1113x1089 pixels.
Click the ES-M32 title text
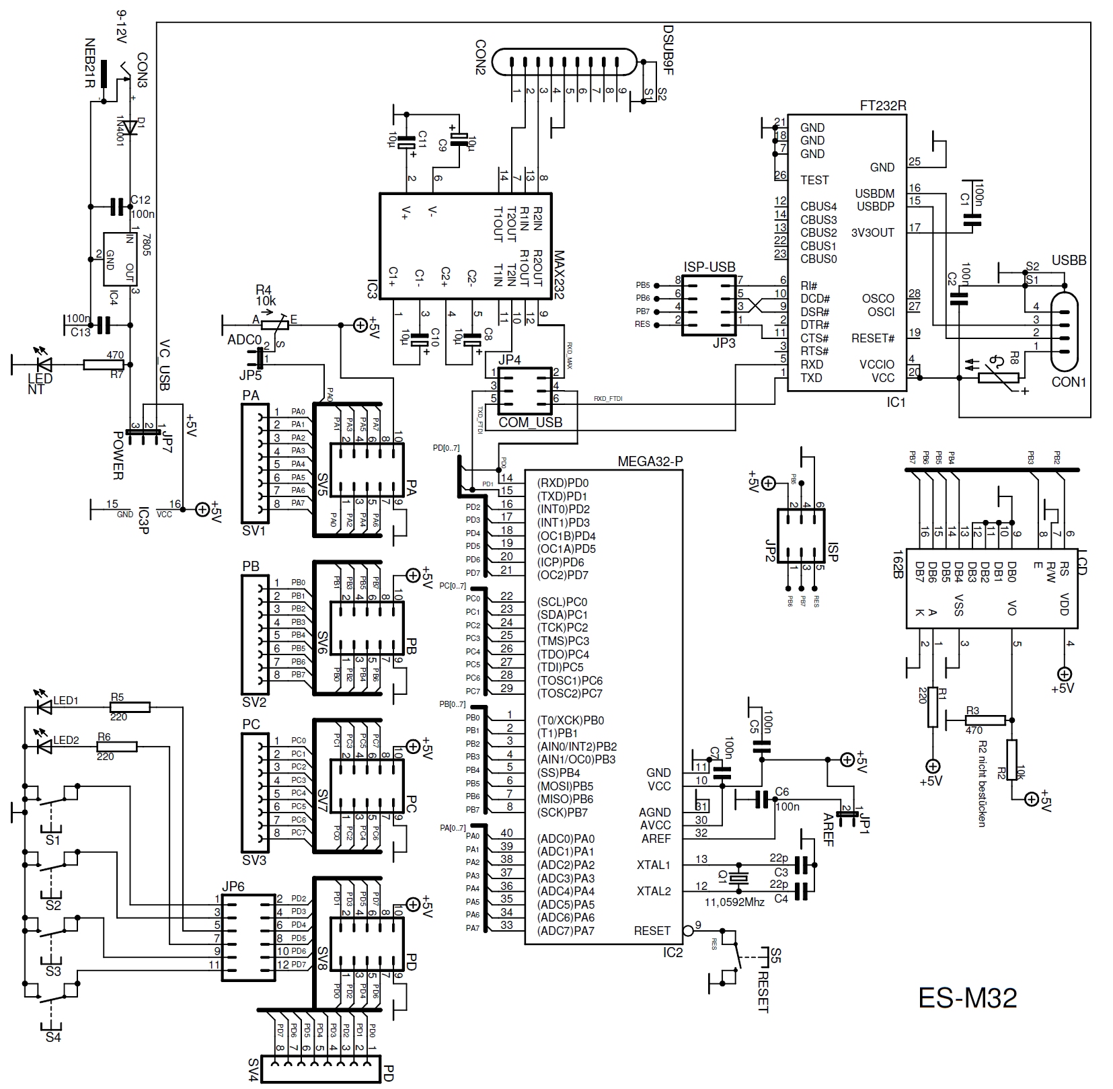pyautogui.click(x=967, y=998)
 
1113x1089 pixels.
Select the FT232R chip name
pyautogui.click(x=883, y=106)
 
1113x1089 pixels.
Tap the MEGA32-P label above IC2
pyautogui.click(x=649, y=461)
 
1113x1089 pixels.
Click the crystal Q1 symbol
pyautogui.click(x=739, y=877)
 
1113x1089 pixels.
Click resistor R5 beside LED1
pyautogui.click(x=130, y=707)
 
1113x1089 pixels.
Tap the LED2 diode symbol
pyautogui.click(x=45, y=747)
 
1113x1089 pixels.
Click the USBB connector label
pyautogui.click(x=1069, y=260)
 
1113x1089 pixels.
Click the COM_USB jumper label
pyautogui.click(x=530, y=422)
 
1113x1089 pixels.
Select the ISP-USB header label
pyautogui.click(x=709, y=267)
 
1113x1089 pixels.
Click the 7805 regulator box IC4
pyautogui.click(x=118, y=260)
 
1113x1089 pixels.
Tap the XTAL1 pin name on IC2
pyautogui.click(x=653, y=864)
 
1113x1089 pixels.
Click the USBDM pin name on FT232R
pyautogui.click(x=874, y=194)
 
